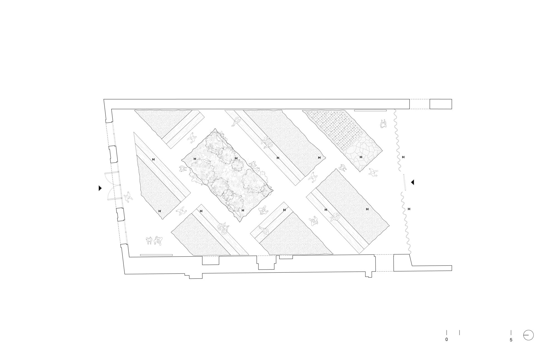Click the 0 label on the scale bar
(x=447, y=339)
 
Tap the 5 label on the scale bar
(x=511, y=340)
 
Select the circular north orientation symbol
(x=528, y=335)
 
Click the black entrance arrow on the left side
(x=100, y=188)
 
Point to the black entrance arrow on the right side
(x=413, y=182)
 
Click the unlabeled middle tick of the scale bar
(x=459, y=332)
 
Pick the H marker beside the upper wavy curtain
(x=403, y=157)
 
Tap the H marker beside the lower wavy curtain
(x=409, y=209)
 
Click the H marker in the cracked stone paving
(x=361, y=157)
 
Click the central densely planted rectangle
(x=227, y=175)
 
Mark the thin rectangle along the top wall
(x=370, y=110)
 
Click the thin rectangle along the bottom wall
(x=156, y=255)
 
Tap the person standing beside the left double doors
(x=128, y=197)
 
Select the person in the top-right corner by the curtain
(x=384, y=124)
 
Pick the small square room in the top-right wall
(x=441, y=104)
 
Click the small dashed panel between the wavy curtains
(x=405, y=183)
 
